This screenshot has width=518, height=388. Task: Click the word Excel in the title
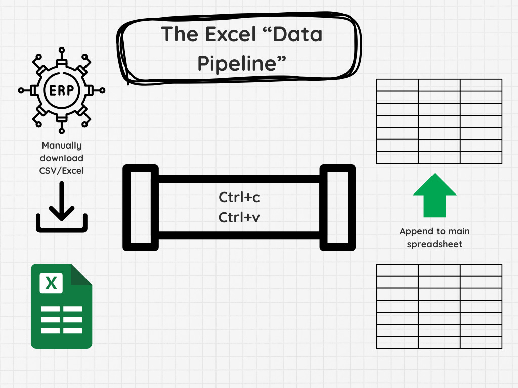click(224, 34)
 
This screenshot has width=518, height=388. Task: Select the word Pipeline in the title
click(242, 64)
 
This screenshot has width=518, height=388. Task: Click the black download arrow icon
click(62, 207)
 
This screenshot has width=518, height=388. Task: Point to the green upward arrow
click(435, 195)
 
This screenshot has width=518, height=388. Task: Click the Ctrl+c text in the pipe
click(239, 197)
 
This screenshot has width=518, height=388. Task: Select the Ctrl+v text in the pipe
click(239, 217)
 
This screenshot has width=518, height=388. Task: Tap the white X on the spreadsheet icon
click(51, 282)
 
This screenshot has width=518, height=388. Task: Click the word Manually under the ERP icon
click(62, 145)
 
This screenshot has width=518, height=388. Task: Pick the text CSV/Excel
click(62, 170)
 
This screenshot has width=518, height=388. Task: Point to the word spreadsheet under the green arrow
click(435, 244)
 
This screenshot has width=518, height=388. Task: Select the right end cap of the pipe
click(337, 208)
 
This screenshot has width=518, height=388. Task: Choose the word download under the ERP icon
click(62, 158)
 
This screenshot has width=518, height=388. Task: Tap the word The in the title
click(179, 34)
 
